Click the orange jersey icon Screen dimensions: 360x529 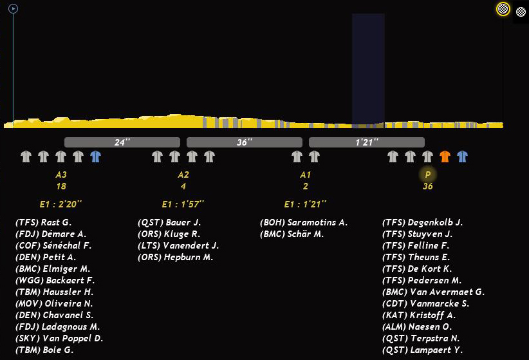pyautogui.click(x=445, y=156)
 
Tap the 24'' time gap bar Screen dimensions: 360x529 pyautogui.click(x=122, y=142)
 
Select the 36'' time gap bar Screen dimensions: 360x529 pyautogui.click(x=245, y=142)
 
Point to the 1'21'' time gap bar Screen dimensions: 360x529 pyautogui.click(x=367, y=142)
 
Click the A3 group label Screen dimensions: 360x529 pyautogui.click(x=61, y=175)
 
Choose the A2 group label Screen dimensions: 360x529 pyautogui.click(x=183, y=175)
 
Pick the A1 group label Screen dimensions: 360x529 pyautogui.click(x=306, y=175)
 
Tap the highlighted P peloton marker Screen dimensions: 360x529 pyautogui.click(x=428, y=175)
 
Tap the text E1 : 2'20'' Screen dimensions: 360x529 pyautogui.click(x=60, y=204)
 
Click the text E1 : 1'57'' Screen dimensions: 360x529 pyautogui.click(x=183, y=204)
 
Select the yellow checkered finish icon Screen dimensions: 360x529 pyautogui.click(x=503, y=9)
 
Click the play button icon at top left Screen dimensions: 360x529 pyautogui.click(x=13, y=9)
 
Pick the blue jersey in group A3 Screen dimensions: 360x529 pyautogui.click(x=96, y=156)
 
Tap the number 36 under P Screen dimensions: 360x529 pyautogui.click(x=428, y=187)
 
